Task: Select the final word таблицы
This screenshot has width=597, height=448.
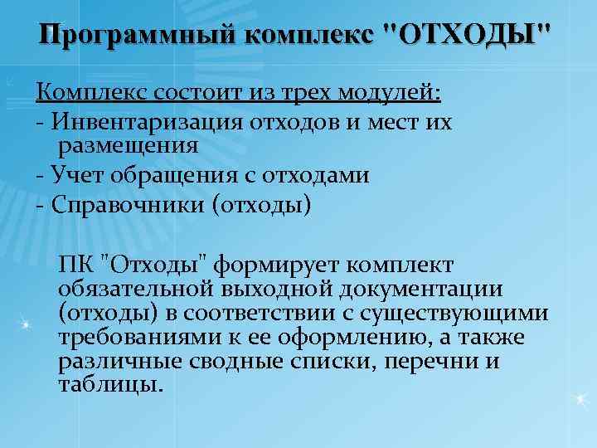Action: point(107,385)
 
